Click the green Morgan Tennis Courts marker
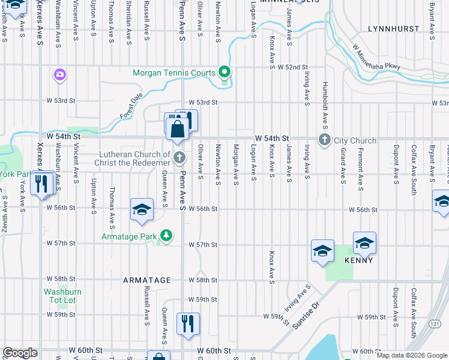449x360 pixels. pos(224,72)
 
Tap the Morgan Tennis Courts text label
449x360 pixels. pos(173,73)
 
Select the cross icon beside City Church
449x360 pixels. pos(325,140)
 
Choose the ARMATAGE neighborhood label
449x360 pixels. pos(147,280)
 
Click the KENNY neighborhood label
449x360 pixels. pos(358,260)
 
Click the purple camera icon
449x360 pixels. pos(59,75)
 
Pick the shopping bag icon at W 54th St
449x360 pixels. pos(178,129)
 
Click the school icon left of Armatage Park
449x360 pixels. pos(142,210)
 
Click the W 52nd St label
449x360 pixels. pos(292,67)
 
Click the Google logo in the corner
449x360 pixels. pos(20,353)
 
